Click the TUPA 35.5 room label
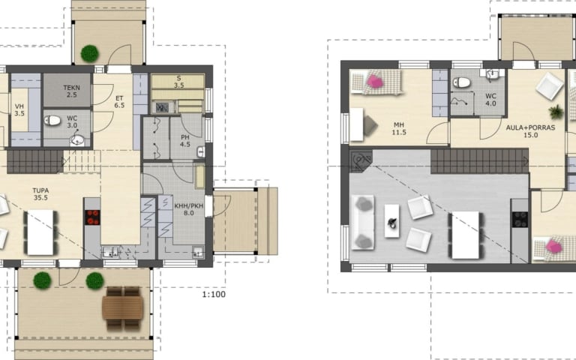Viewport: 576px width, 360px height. [40, 194]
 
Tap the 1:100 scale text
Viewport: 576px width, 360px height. [214, 294]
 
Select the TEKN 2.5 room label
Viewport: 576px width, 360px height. [72, 91]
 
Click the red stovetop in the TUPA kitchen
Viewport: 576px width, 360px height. [92, 217]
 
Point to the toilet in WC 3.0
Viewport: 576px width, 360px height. [52, 120]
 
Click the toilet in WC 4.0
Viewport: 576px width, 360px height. [461, 82]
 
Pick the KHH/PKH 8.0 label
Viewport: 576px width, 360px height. [189, 209]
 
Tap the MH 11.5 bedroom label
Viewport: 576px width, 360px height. [399, 129]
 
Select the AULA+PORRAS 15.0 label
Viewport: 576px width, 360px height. [530, 131]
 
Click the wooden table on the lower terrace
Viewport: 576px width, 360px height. [123, 307]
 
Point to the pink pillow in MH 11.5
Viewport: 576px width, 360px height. [375, 82]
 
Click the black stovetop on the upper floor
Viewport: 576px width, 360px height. [520, 219]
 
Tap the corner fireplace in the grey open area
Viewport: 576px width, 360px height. [360, 160]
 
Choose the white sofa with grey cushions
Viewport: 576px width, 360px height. [363, 223]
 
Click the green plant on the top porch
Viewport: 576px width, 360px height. [90, 54]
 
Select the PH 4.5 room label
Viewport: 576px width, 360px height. [185, 141]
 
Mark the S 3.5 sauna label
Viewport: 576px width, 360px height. [179, 82]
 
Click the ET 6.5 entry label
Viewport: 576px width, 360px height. [119, 102]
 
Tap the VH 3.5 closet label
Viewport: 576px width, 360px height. [19, 109]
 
